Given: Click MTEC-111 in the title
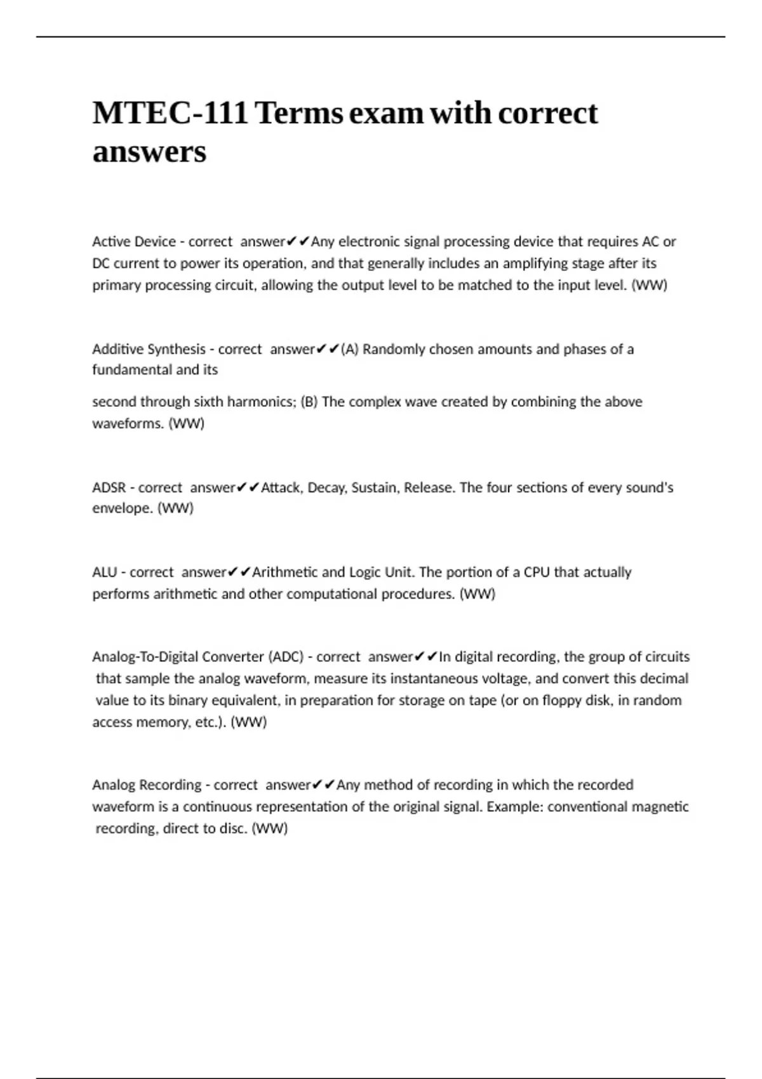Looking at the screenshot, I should click(x=170, y=114).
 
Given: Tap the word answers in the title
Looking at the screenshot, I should click(x=149, y=152).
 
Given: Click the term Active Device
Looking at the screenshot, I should click(x=133, y=242).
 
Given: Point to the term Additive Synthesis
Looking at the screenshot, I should click(x=149, y=349).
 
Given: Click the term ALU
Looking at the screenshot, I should click(x=104, y=573).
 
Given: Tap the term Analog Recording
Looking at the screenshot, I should click(x=146, y=785).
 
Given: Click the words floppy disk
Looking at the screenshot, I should click(x=577, y=701).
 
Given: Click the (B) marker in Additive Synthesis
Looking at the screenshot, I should click(x=309, y=402).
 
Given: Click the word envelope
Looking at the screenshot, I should click(x=123, y=508).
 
